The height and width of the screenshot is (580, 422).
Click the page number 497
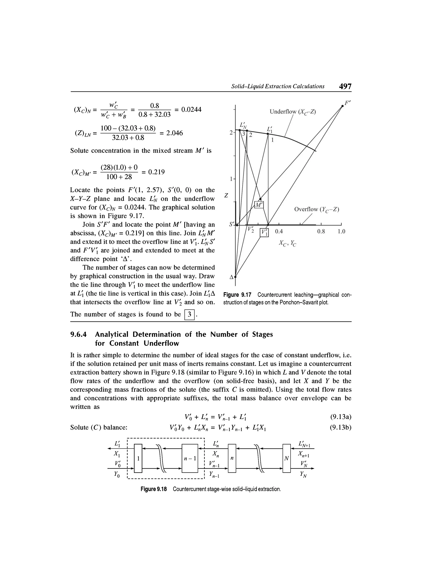[x=345, y=86]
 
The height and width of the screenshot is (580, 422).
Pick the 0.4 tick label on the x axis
[x=279, y=232]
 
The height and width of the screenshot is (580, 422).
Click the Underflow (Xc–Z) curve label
[x=293, y=112]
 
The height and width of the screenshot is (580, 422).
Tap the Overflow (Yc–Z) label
[x=316, y=210]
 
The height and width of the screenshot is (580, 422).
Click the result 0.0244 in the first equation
[x=191, y=110]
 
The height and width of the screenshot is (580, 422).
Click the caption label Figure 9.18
[x=154, y=489]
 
